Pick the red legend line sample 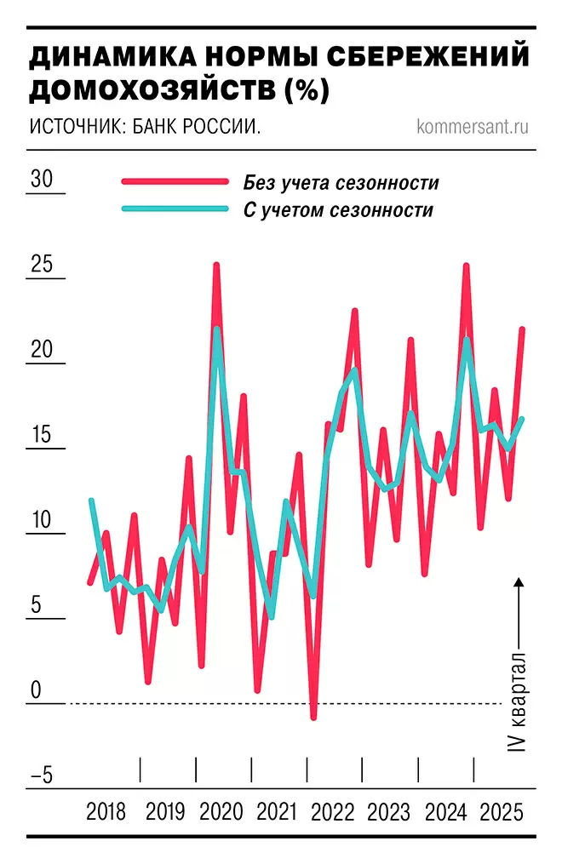[x=175, y=182]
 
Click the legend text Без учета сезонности [x=341, y=182]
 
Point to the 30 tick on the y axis [x=42, y=180]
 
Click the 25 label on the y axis [x=42, y=265]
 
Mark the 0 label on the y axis [x=36, y=690]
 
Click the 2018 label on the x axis [x=106, y=811]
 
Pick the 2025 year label [x=502, y=811]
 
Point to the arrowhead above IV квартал [x=518, y=582]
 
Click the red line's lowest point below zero [x=313, y=718]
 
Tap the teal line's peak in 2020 [x=217, y=329]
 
